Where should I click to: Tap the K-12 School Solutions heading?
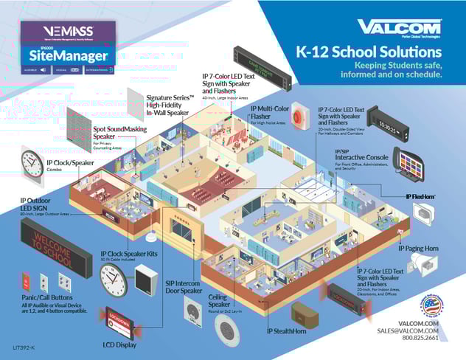tap(369, 53)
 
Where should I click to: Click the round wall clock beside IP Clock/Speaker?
tap(32, 162)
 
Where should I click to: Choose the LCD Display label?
tap(119, 345)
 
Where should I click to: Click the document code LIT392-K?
tap(25, 346)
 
